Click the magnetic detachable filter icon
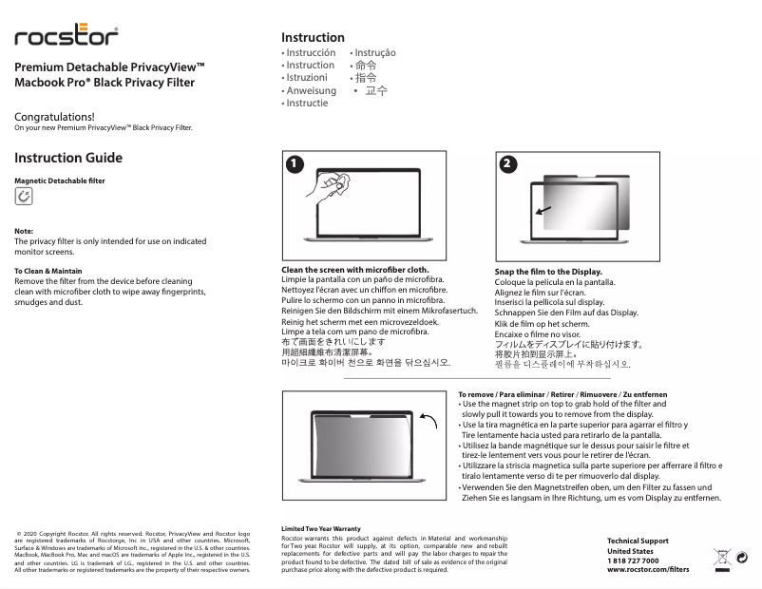[24, 197]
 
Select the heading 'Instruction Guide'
[68, 158]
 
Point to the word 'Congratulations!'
[54, 117]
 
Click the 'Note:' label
[24, 231]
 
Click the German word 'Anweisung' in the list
[311, 91]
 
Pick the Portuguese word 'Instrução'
[374, 53]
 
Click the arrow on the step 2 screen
[542, 211]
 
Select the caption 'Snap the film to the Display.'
[548, 272]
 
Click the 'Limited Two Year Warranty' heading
[321, 528]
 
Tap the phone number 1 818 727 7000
[633, 560]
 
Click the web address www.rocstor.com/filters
[648, 570]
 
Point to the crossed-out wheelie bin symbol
[721, 558]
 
